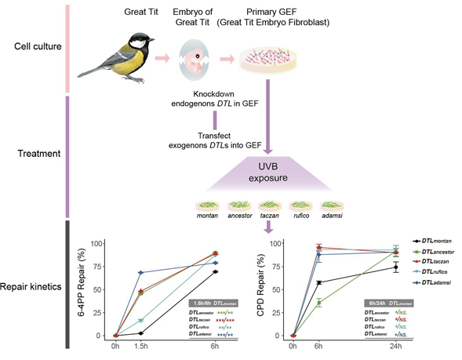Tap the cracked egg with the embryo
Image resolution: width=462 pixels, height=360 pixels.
click(x=192, y=58)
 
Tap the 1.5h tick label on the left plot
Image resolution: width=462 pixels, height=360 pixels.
click(x=140, y=346)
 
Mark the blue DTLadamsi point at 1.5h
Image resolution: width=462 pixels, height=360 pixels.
click(x=140, y=272)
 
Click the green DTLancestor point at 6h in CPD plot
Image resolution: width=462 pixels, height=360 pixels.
click(x=318, y=302)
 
